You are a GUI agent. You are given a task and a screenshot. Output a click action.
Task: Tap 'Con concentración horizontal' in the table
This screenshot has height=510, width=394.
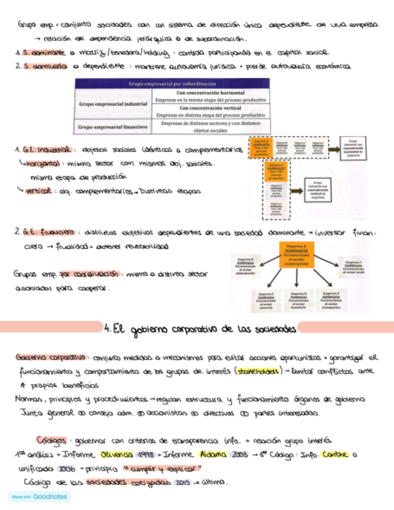[x=211, y=94]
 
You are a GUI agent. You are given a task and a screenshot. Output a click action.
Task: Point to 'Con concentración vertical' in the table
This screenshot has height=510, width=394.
[x=211, y=108]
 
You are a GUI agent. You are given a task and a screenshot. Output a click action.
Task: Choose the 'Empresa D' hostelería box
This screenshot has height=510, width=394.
[x=297, y=300]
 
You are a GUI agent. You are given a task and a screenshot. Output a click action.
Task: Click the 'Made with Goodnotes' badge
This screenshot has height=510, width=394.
[x=39, y=497]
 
